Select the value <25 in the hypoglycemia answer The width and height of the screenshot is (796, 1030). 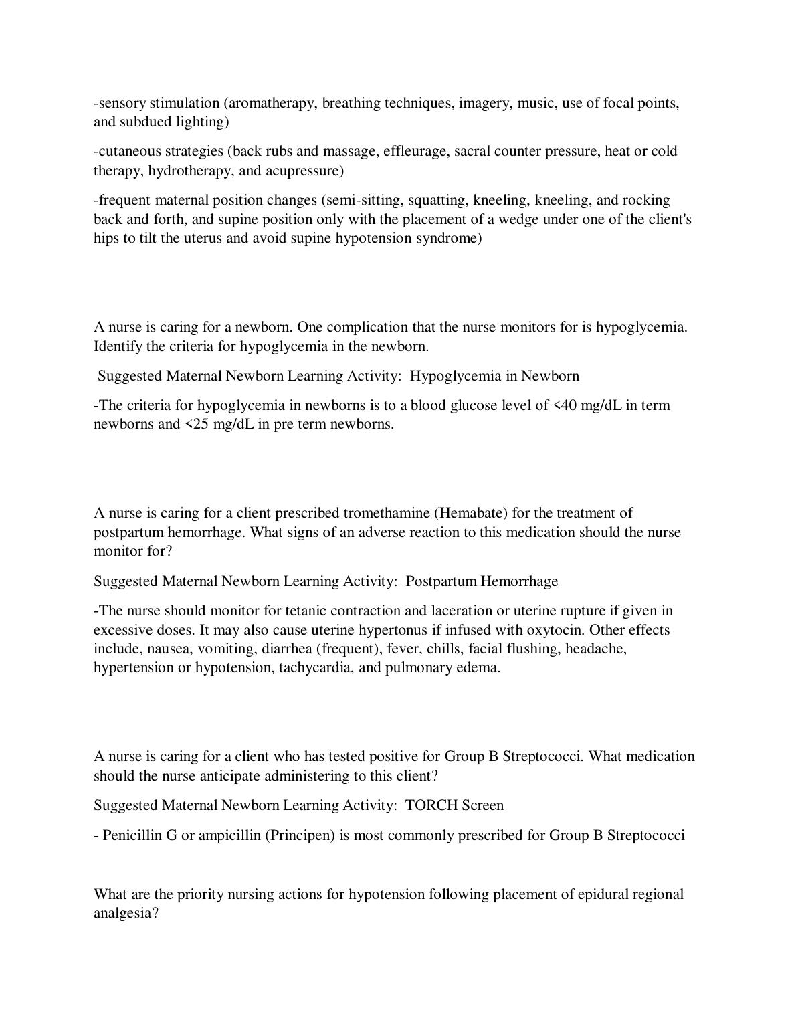[197, 424]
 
